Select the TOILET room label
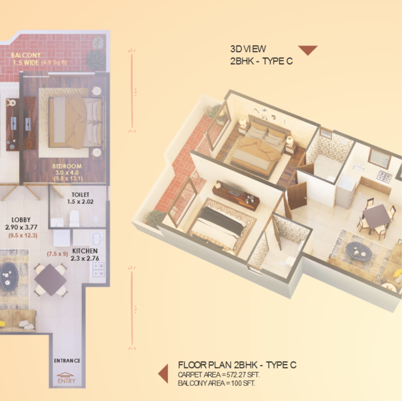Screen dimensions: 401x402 point(80,194)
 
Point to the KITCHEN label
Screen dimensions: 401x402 point(85,251)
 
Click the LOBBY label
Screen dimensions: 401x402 point(22,220)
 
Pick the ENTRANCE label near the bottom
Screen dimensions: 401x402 point(67,361)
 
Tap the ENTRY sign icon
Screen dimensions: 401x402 point(67,379)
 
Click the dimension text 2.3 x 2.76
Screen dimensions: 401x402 point(84,258)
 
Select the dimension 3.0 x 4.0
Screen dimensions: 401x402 point(67,172)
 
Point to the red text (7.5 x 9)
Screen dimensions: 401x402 point(57,254)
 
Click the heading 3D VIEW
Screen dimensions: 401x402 point(248,49)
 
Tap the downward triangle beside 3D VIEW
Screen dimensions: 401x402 point(308,51)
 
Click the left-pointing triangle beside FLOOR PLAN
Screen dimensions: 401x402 point(162,373)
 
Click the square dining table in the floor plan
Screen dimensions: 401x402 point(51,279)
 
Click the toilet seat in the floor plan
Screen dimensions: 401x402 point(74,218)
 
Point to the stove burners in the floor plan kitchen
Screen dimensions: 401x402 point(98,269)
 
